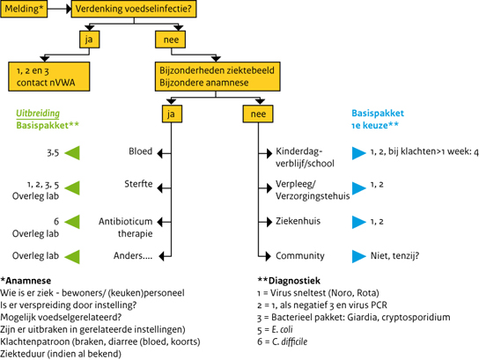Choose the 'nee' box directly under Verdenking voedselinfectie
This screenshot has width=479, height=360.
167,40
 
